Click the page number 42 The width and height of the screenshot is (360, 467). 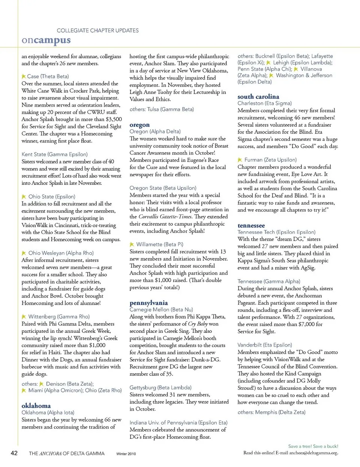(14, 453)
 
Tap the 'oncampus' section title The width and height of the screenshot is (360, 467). (46, 40)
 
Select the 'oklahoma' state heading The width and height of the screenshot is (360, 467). (36, 406)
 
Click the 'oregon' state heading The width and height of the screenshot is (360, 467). (139, 125)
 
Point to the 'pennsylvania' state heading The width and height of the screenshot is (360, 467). (148, 303)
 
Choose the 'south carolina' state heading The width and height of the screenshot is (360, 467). (258, 96)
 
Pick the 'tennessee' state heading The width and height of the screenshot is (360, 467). (251, 225)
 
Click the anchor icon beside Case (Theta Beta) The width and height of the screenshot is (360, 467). (24, 76)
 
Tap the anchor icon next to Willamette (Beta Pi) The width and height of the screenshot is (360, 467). (132, 244)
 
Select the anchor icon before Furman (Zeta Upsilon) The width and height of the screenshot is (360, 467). (240, 160)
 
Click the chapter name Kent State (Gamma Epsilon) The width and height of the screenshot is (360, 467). (55, 154)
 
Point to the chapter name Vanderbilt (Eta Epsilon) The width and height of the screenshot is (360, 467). (265, 345)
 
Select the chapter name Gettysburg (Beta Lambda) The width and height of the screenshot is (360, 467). (160, 388)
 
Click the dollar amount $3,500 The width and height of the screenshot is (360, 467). (114, 119)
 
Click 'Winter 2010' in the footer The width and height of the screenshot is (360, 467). (126, 454)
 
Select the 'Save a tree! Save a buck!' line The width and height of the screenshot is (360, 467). (313, 446)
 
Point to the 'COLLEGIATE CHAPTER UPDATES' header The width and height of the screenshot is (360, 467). (97, 30)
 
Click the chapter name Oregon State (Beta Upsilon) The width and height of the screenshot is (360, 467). (163, 188)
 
